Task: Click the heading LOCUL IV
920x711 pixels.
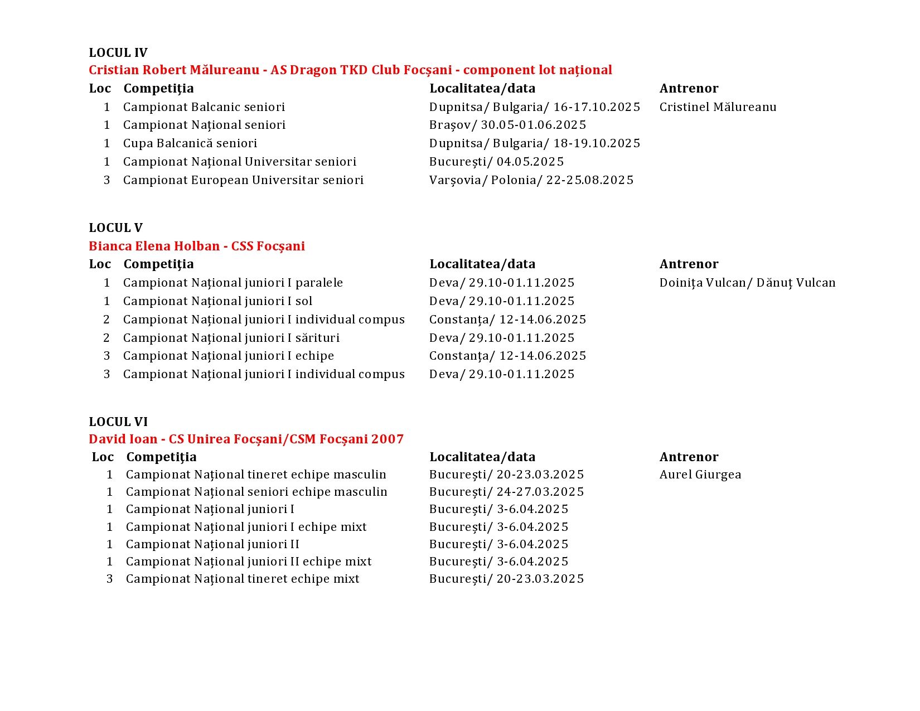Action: (x=118, y=53)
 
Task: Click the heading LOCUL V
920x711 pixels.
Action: (x=115, y=228)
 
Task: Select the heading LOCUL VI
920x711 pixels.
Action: (x=118, y=422)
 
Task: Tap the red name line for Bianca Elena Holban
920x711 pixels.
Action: (x=196, y=246)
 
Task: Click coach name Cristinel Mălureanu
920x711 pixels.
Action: (x=718, y=107)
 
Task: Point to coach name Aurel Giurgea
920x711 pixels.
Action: (x=700, y=475)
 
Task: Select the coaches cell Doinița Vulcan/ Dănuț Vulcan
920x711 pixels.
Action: (x=747, y=283)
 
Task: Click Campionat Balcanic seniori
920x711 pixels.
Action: (x=204, y=107)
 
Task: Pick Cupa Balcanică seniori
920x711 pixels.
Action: (x=190, y=143)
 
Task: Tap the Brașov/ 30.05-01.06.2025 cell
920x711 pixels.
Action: (x=507, y=125)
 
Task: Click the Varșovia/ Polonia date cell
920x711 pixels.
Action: (x=531, y=180)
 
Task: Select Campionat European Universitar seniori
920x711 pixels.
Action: (x=243, y=180)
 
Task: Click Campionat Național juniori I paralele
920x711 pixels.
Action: (x=233, y=283)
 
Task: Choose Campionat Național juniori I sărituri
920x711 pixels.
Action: (x=231, y=338)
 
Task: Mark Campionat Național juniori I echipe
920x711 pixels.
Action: (x=228, y=356)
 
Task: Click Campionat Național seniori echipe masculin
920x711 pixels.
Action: (x=256, y=492)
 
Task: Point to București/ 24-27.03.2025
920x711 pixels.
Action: (x=506, y=492)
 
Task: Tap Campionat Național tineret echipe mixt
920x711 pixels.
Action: (x=243, y=579)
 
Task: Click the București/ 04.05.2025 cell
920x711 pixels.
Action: (x=496, y=162)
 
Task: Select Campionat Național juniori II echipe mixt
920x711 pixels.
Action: (x=249, y=562)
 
